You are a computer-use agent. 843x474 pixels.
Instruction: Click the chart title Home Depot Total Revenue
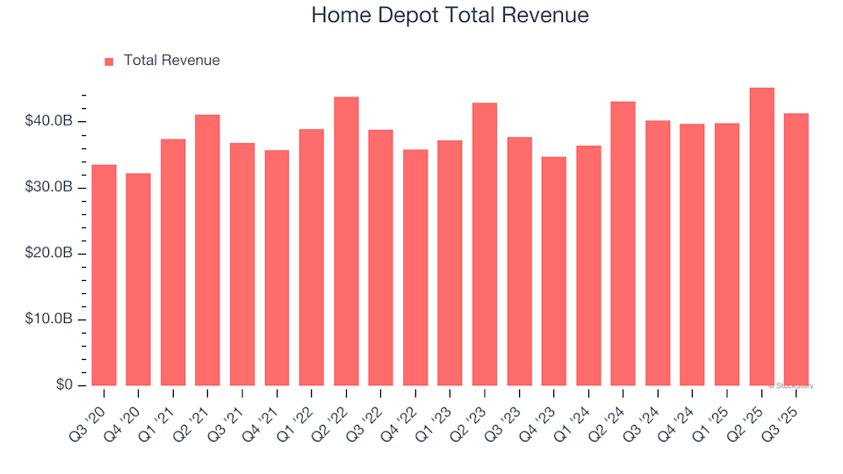450,16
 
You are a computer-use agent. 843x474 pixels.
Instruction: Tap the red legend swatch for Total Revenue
109,61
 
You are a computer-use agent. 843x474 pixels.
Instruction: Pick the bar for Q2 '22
346,241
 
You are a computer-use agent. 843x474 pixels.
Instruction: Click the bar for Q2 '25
761,237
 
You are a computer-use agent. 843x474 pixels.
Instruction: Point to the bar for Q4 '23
554,271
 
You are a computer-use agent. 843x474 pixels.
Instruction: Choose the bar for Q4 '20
138,279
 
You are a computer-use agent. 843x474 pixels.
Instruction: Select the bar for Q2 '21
207,250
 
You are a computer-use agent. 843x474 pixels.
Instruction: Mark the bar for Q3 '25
796,249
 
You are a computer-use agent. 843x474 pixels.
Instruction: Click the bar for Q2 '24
623,243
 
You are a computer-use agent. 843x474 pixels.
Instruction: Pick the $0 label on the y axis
65,385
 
